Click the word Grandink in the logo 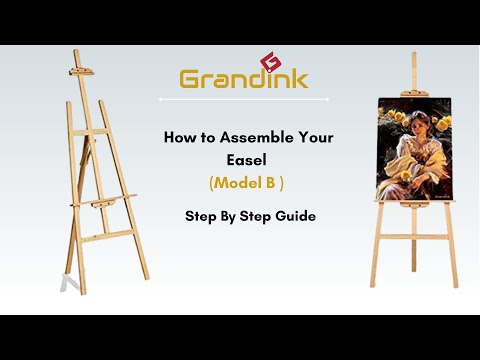(243, 78)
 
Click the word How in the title (178, 139)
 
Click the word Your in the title (304, 139)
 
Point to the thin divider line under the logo (243, 99)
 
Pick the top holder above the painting (413, 94)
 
